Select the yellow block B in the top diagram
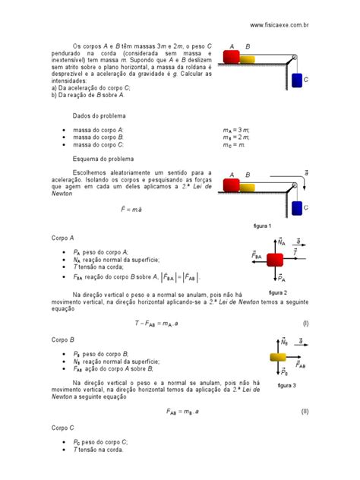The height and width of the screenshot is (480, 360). [251, 56]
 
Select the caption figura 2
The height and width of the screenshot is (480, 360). [278, 292]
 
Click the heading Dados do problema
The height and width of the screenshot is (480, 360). [99, 115]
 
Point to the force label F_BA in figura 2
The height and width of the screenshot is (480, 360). [257, 257]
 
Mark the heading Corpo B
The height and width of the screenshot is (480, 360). [62, 341]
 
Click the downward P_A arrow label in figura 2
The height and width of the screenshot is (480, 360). [281, 278]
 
